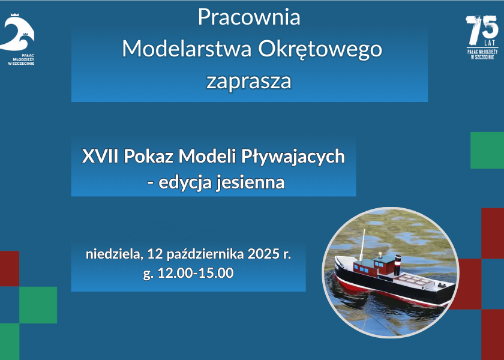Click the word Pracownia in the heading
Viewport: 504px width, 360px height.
tap(249, 17)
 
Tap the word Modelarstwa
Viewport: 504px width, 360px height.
tap(187, 49)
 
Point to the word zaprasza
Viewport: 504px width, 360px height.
tap(249, 82)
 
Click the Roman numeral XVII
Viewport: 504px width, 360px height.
tap(100, 157)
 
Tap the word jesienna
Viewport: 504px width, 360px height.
tap(250, 182)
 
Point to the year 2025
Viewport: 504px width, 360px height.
tap(263, 254)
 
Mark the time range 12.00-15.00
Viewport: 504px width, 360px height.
tap(196, 273)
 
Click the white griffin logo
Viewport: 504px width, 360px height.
tap(17, 32)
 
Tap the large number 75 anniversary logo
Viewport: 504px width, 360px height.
tap(482, 31)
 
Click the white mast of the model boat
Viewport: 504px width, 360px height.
tap(362, 245)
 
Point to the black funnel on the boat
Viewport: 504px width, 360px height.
tap(398, 265)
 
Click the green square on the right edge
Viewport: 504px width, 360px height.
tap(487, 150)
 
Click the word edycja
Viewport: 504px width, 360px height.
tap(185, 183)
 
